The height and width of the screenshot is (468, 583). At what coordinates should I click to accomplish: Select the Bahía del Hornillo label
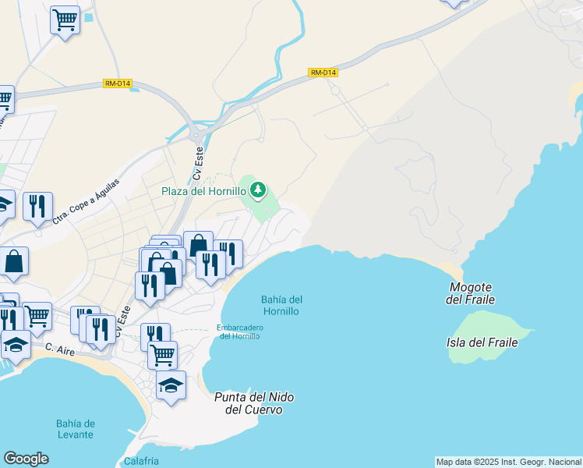pyautogui.click(x=282, y=305)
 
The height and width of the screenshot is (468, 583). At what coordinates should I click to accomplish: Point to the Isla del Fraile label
pyautogui.click(x=489, y=342)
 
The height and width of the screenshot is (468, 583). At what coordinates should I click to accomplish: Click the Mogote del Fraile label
pyautogui.click(x=471, y=293)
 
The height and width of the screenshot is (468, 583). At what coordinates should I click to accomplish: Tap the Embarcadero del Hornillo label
pyautogui.click(x=241, y=331)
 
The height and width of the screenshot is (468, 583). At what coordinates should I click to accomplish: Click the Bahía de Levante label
pyautogui.click(x=75, y=428)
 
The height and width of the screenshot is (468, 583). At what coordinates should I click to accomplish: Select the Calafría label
pyautogui.click(x=141, y=461)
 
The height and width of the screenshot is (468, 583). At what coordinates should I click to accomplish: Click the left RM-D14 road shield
pyautogui.click(x=117, y=83)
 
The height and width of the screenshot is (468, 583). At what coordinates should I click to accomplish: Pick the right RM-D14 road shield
pyautogui.click(x=323, y=73)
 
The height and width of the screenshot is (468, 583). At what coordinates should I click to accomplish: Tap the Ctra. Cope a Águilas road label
pyautogui.click(x=87, y=200)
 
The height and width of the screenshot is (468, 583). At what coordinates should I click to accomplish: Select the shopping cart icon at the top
pyautogui.click(x=65, y=19)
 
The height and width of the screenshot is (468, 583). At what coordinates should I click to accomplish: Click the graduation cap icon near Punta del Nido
pyautogui.click(x=171, y=385)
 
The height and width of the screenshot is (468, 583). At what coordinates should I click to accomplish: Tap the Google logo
pyautogui.click(x=26, y=459)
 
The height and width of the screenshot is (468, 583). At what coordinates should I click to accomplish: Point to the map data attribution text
pyautogui.click(x=508, y=462)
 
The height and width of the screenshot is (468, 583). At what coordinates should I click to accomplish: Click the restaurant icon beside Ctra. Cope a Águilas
pyautogui.click(x=37, y=206)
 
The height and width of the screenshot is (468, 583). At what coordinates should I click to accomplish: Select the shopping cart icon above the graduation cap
pyautogui.click(x=162, y=354)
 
